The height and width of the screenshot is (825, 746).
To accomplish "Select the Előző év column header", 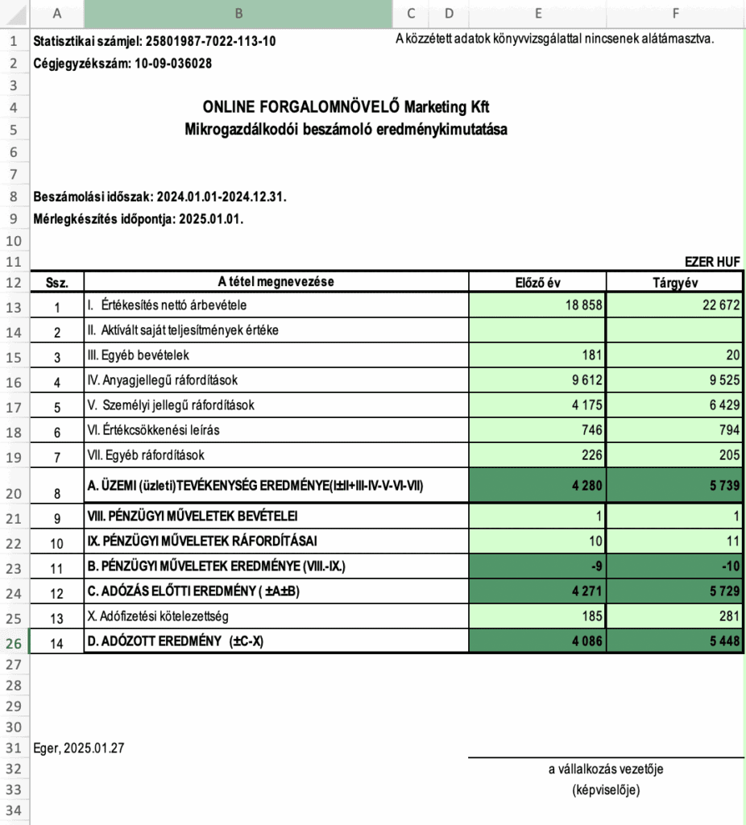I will [537, 282].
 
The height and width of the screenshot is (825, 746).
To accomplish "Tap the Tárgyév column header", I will [675, 282].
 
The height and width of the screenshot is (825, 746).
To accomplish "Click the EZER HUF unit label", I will [712, 261].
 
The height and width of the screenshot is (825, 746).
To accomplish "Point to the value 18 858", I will [581, 306].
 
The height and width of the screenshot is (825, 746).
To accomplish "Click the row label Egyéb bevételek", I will [138, 355].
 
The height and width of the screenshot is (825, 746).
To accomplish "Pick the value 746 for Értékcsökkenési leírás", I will [591, 430].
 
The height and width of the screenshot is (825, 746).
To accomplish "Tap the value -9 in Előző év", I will [596, 566].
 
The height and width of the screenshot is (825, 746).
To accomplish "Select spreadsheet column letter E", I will [537, 13].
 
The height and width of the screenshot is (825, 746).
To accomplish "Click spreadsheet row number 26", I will [15, 644].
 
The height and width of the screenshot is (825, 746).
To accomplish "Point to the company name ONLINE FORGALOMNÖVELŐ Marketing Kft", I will [346, 107].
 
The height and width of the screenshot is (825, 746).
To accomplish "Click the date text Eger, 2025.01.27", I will [79, 748].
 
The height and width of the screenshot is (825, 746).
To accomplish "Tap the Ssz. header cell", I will [56, 283].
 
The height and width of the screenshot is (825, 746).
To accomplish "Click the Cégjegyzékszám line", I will [122, 63].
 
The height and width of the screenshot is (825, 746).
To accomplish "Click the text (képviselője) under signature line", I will [606, 790].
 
